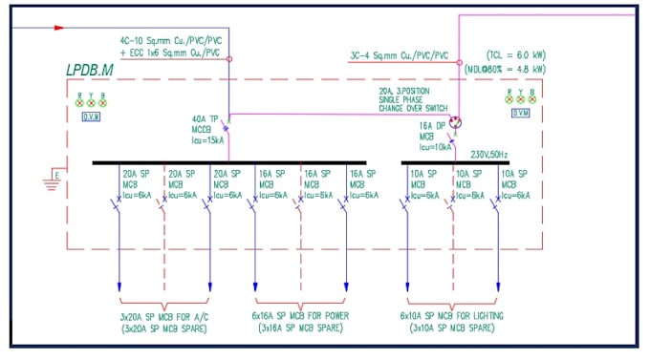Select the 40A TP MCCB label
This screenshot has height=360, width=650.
pos(208,129)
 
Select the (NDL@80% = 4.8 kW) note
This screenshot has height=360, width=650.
pos(508,69)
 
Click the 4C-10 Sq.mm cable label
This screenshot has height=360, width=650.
pos(172,41)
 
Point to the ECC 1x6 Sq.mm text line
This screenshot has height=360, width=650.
pos(172,53)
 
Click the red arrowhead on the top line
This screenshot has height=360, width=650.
pos(58,28)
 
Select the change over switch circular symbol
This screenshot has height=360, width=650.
pos(457,122)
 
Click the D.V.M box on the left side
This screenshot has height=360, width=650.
pos(92,116)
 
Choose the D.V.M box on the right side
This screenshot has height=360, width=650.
pos(521,113)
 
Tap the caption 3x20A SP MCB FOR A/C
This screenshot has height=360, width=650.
pos(163,315)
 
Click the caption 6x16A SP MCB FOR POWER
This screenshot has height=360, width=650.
pos(300,315)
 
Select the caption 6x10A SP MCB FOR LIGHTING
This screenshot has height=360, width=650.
pos(453,315)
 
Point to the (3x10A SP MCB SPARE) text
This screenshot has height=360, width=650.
pos(453,328)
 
